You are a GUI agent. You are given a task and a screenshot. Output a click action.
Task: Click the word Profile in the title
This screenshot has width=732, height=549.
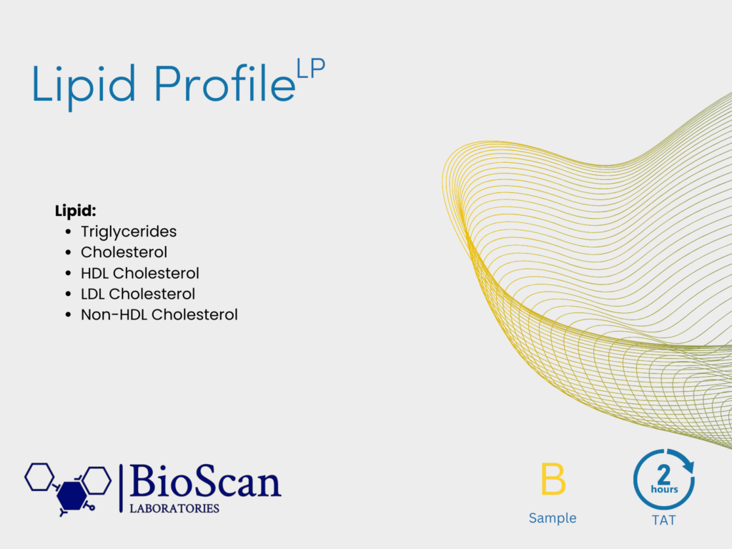(x=225, y=83)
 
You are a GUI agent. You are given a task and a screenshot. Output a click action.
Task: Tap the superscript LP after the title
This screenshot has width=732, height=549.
(x=311, y=69)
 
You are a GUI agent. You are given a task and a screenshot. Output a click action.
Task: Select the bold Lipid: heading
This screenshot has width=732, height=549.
(x=76, y=211)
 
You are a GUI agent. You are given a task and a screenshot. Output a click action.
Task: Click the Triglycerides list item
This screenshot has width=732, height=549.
(x=129, y=232)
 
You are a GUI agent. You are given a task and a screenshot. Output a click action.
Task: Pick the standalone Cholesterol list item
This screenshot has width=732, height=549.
(x=124, y=252)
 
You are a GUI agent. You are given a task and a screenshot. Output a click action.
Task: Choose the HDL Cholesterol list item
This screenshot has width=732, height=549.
(x=140, y=273)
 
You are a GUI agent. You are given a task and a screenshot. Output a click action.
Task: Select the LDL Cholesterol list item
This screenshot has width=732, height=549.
(x=138, y=294)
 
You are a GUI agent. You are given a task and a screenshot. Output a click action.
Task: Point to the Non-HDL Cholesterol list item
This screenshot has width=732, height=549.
(x=159, y=315)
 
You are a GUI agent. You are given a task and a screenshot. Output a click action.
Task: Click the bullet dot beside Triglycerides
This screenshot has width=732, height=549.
(x=69, y=232)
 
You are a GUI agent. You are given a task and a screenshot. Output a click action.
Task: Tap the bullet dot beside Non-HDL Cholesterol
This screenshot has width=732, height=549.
(x=69, y=315)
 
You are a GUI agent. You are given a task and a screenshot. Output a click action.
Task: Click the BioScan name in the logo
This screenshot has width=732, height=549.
(x=205, y=481)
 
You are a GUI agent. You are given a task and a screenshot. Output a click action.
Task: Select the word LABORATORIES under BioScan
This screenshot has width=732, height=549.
(x=174, y=508)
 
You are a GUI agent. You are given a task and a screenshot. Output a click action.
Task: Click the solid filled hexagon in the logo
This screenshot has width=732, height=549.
(x=71, y=495)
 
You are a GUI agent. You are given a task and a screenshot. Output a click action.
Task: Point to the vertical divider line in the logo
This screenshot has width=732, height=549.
(x=121, y=488)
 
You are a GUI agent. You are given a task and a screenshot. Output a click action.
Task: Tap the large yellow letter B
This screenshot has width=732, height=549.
(x=553, y=479)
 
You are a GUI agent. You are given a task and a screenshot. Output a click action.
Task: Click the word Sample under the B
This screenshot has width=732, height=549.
(x=553, y=518)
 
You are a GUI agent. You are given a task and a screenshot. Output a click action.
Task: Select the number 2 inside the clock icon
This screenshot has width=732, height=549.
(x=664, y=475)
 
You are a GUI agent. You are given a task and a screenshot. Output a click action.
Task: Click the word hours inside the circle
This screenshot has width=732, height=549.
(x=664, y=489)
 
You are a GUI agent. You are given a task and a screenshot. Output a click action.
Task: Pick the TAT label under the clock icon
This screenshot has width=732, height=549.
(x=664, y=520)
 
